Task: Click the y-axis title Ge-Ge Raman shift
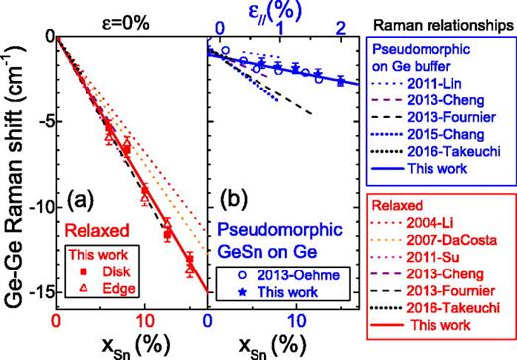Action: click(x=14, y=179)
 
